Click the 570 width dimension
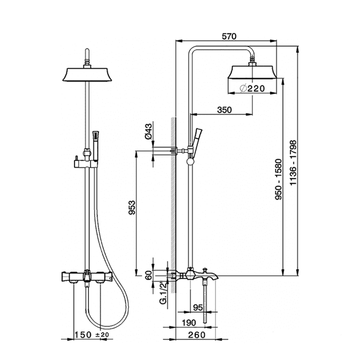point(229,37)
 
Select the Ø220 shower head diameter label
point(252,88)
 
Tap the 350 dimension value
point(224,110)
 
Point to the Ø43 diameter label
point(149,131)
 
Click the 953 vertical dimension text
point(132,208)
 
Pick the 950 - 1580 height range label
point(279,179)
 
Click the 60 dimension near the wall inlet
point(149,275)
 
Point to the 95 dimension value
point(198,308)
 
